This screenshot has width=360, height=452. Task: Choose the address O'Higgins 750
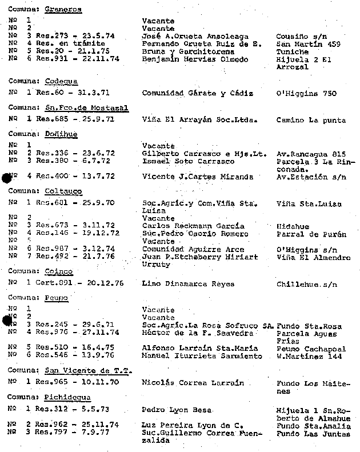[x=306, y=94]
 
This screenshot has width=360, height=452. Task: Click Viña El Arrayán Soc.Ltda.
[x=200, y=120]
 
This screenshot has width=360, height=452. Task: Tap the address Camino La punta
[x=311, y=120]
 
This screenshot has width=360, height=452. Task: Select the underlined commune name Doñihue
[x=61, y=134]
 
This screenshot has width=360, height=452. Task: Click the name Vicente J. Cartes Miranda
[x=197, y=177]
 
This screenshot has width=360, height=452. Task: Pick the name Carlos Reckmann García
[x=193, y=226]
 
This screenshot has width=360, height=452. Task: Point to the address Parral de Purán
[x=311, y=233]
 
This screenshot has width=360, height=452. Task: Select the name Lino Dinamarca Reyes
[x=188, y=283]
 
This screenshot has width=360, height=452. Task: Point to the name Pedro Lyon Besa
[x=176, y=410]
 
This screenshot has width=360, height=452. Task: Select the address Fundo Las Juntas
[x=313, y=434]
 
